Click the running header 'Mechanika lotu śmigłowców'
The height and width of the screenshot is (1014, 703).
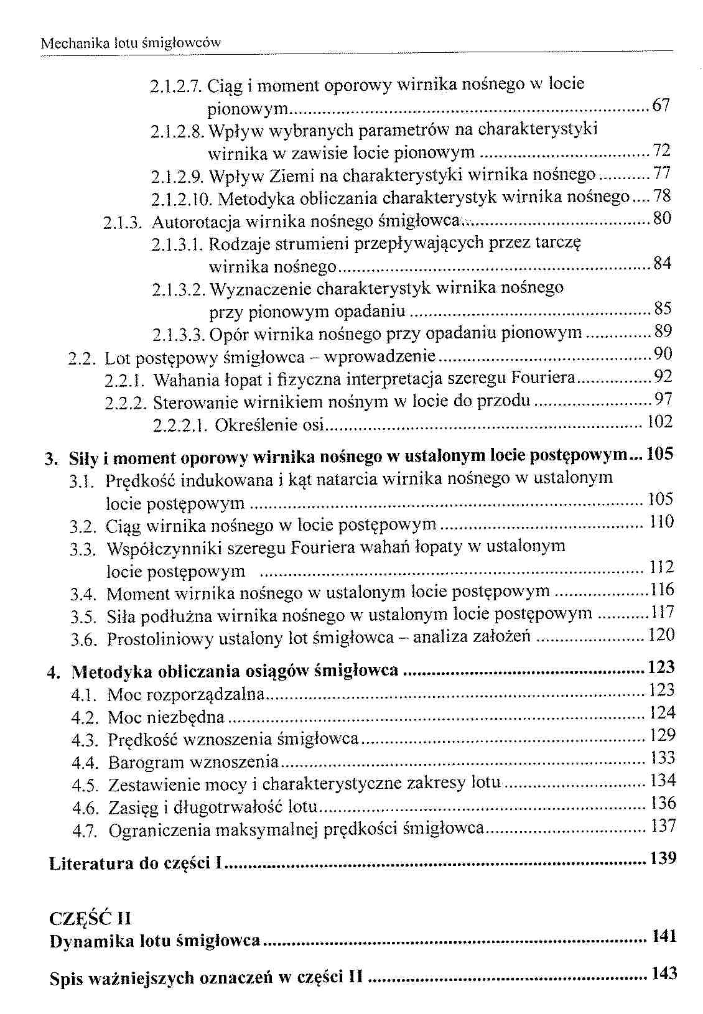click(130, 44)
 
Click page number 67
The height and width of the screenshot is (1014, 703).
click(661, 106)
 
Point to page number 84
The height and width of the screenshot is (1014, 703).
click(663, 264)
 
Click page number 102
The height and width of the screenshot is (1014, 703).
click(660, 422)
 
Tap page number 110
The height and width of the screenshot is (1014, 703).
click(661, 522)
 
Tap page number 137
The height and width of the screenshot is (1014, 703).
click(663, 827)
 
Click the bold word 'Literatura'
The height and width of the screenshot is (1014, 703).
click(90, 863)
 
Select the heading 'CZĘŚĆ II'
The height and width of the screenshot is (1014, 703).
click(90, 918)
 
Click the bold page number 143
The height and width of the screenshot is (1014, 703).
click(664, 974)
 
